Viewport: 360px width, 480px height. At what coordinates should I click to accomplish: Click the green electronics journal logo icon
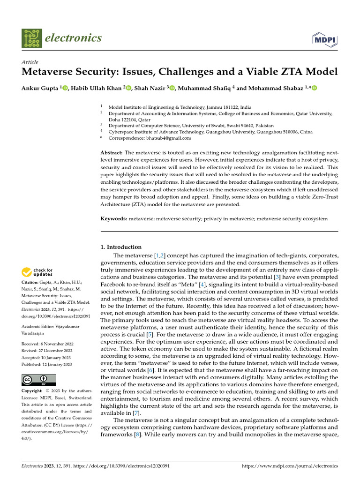(x=31, y=38)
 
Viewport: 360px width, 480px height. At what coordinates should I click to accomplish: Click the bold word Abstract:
(x=112, y=153)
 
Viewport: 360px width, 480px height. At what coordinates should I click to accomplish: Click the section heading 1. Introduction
(x=121, y=247)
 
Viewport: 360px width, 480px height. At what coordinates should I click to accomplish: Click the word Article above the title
(x=30, y=62)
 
